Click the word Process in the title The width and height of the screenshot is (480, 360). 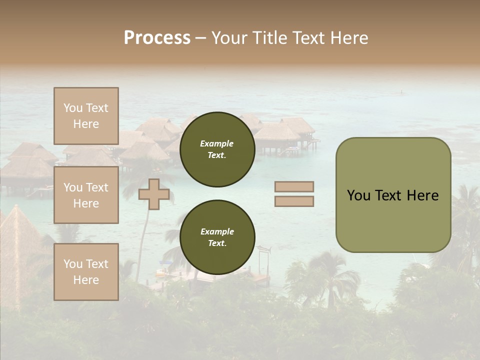[157, 38]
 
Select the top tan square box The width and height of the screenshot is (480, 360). [86, 116]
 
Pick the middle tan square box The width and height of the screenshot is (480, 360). [86, 195]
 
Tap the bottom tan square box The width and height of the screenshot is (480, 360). [86, 271]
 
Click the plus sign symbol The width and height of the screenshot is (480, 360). [153, 194]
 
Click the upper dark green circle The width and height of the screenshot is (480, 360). [217, 149]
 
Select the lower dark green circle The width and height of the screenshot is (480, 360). [217, 237]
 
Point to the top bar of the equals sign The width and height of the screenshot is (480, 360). [294, 187]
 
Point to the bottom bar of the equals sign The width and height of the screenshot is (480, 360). [294, 201]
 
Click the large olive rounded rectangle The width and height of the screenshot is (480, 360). [393, 194]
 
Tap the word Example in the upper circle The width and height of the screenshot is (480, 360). [217, 144]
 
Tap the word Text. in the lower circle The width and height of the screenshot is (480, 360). [217, 243]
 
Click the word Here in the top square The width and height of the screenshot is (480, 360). [86, 124]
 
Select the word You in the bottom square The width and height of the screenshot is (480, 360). [72, 264]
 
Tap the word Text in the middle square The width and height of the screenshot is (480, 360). [96, 187]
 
